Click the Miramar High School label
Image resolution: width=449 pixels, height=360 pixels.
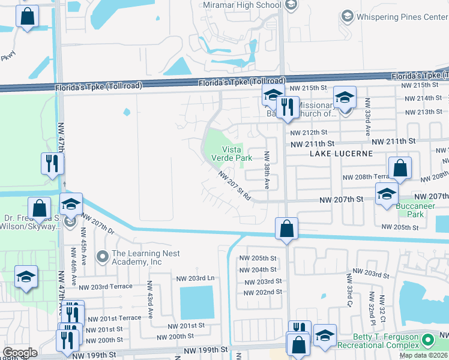[x=243, y=5]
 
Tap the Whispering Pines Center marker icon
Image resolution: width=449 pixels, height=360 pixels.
[x=346, y=17]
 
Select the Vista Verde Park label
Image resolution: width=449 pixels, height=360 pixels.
[x=232, y=154]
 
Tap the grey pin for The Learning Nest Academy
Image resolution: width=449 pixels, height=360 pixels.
[x=103, y=257]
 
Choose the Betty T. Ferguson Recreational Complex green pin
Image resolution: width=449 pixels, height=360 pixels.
[x=428, y=340]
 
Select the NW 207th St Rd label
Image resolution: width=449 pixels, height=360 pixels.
[x=234, y=186]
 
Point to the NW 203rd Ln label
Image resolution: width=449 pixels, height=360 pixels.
[x=195, y=278]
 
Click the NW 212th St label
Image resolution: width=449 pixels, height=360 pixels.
[x=308, y=133]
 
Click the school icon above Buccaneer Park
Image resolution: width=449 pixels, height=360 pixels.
[x=387, y=194]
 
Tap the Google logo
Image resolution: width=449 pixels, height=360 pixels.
[x=20, y=353]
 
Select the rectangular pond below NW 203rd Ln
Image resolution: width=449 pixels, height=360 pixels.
[x=197, y=303]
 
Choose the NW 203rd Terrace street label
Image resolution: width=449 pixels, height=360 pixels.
[x=109, y=287]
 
